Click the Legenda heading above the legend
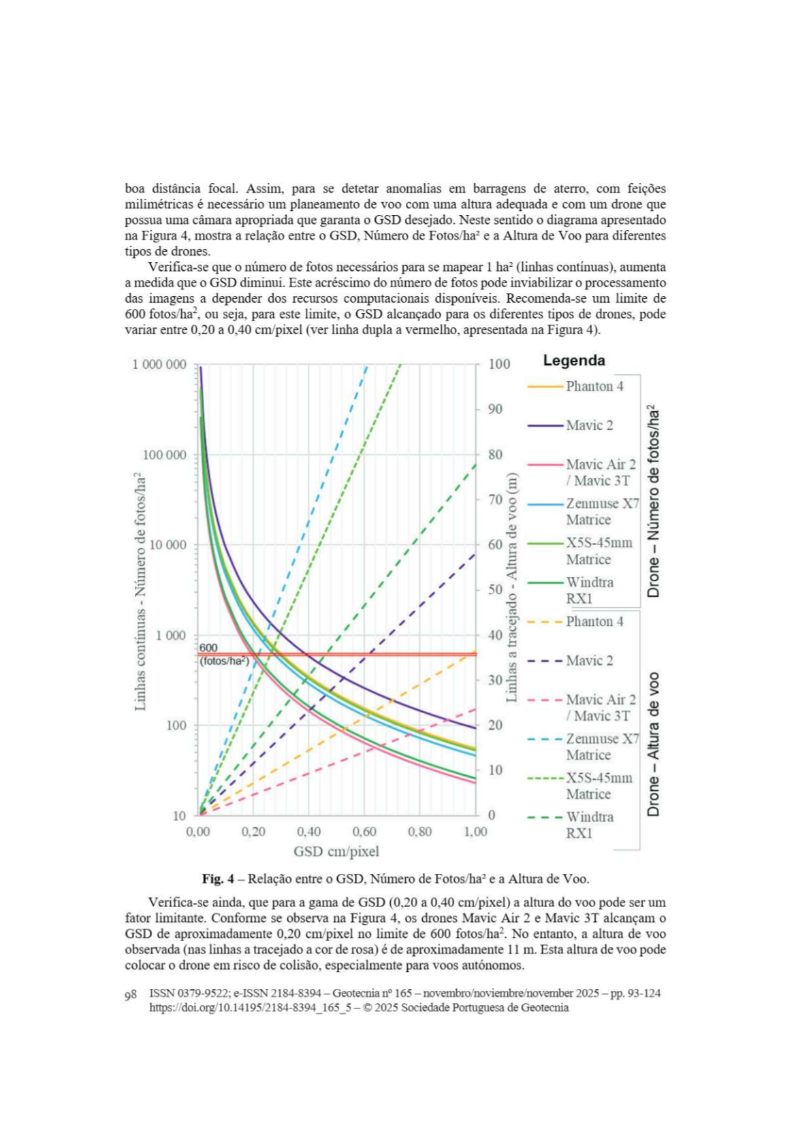click(x=573, y=361)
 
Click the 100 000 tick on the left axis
click(x=164, y=455)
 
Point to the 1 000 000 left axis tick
click(x=159, y=365)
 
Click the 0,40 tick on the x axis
click(x=308, y=832)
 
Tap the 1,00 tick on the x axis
click(x=475, y=832)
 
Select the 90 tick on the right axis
click(x=495, y=409)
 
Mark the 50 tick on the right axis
click(x=495, y=589)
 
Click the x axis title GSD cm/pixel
click(x=336, y=851)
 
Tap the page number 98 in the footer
click(x=131, y=995)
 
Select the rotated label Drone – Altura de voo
click(x=654, y=744)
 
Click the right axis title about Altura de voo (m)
click(x=511, y=587)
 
